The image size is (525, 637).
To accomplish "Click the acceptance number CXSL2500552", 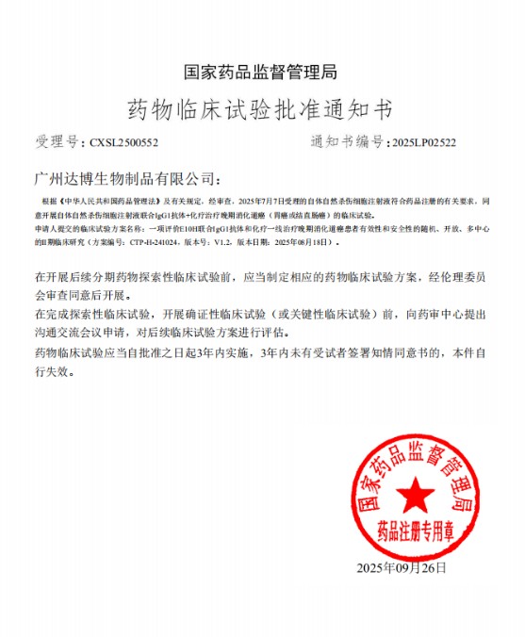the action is click(124, 142).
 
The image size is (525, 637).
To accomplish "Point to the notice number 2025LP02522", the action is click(423, 142).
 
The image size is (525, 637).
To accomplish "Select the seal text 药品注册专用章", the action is click(411, 529).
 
